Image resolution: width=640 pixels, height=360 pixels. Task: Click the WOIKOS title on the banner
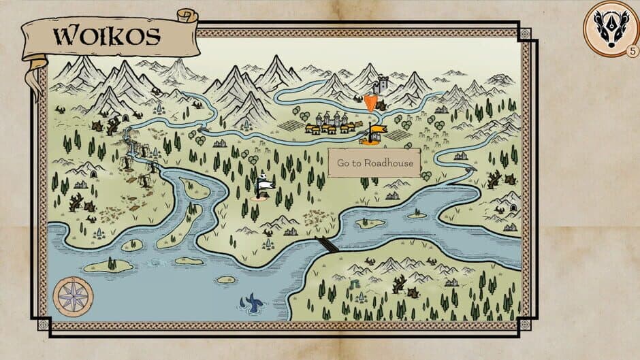click(x=108, y=35)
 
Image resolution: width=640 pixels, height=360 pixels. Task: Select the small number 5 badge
click(x=633, y=51)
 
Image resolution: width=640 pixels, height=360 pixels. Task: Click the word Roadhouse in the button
click(x=388, y=163)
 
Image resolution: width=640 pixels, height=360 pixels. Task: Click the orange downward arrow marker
click(x=370, y=103)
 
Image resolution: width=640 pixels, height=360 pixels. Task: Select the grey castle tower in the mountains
click(x=382, y=84)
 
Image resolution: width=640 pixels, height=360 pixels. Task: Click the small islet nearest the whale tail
click(x=225, y=279)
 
